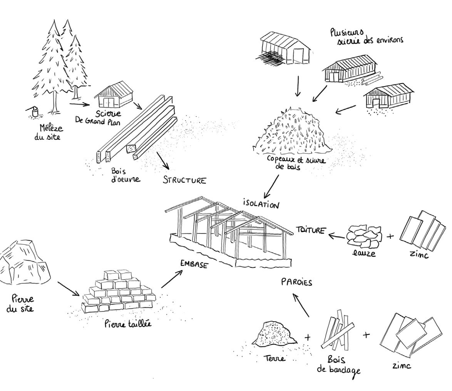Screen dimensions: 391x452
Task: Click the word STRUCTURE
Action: [x=184, y=180]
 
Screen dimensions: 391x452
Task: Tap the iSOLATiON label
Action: [x=261, y=203]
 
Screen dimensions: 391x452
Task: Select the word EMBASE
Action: [x=194, y=264]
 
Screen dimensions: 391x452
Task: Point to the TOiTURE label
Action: [x=311, y=230]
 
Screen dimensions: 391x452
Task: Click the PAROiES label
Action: [x=296, y=282]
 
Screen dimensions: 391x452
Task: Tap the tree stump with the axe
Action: [x=35, y=112]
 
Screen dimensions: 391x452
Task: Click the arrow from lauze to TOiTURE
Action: [x=336, y=235]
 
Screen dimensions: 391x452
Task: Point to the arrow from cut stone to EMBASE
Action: [x=171, y=279]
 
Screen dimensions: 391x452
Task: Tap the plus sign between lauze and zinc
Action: [x=390, y=236]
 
